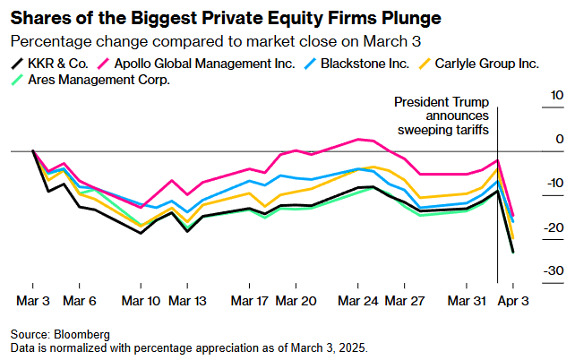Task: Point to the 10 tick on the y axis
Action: (556, 95)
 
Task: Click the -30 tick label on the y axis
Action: (554, 271)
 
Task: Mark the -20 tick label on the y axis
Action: (554, 227)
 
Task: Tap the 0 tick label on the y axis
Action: (560, 139)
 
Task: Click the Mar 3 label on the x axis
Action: (33, 301)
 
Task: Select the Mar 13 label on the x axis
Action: (187, 301)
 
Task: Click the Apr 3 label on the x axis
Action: (513, 301)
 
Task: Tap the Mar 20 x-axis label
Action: (296, 301)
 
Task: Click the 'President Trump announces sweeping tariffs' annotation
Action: (442, 116)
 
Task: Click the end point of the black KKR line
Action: (513, 253)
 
